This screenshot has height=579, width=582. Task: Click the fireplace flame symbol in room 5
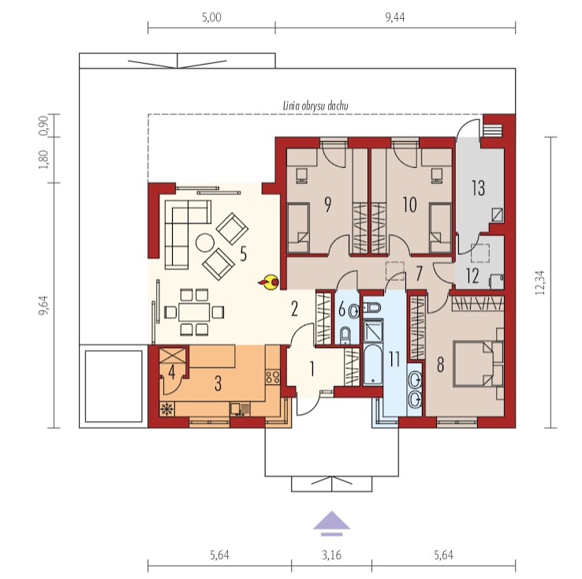pos(269,282)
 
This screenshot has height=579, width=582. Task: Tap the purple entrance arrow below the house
pos(331,523)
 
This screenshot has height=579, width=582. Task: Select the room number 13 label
pos(478,188)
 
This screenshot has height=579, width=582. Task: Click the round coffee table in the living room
pos(205,243)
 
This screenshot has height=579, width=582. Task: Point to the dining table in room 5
pos(194,312)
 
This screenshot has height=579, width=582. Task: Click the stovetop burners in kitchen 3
pos(273,377)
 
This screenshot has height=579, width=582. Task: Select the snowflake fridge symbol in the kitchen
pos(167,409)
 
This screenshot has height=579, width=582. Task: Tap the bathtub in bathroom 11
pos(373,365)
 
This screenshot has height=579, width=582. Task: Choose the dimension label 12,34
pos(540,283)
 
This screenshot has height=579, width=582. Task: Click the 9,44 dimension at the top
pos(395,17)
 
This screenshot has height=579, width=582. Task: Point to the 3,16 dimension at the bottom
pos(331,555)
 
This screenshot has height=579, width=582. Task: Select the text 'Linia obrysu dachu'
pos(315,106)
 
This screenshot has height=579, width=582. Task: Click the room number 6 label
pos(341,309)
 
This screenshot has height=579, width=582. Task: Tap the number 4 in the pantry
pos(171,372)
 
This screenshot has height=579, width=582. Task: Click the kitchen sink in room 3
pos(241,409)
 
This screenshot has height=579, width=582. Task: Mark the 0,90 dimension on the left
pos(43,126)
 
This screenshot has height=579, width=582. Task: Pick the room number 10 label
pos(410,205)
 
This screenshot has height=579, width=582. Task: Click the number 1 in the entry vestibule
pos(312,369)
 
